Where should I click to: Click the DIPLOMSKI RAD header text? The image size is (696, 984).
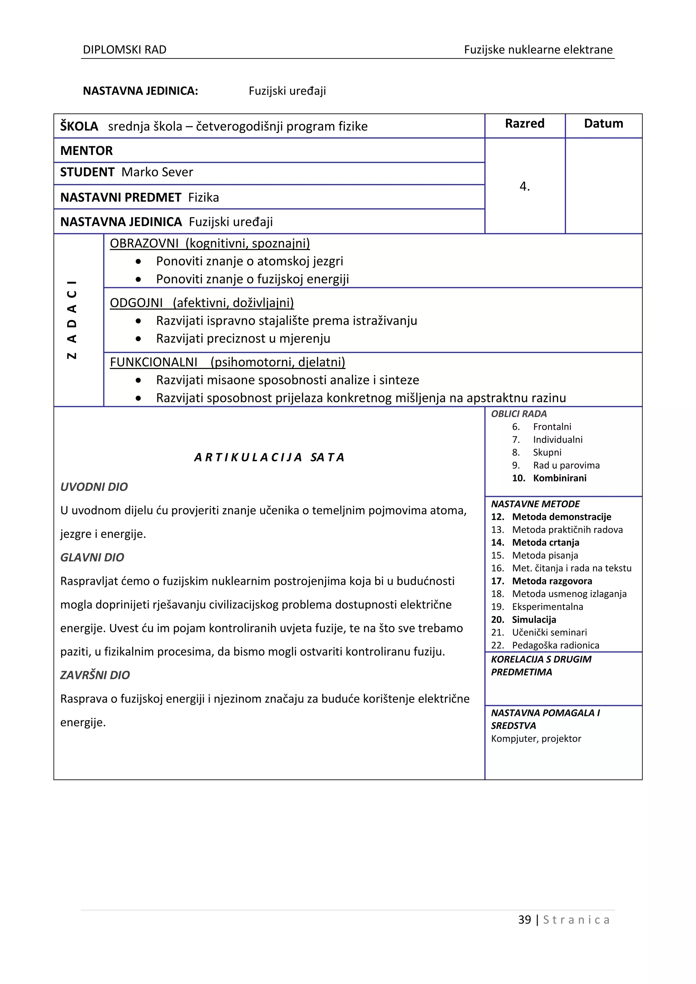[x=124, y=50]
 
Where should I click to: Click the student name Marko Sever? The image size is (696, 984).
[x=157, y=172]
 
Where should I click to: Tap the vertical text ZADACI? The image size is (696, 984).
[x=72, y=319]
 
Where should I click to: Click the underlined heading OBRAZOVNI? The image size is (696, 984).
[x=144, y=243]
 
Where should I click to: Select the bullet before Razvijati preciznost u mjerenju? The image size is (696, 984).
[x=138, y=338]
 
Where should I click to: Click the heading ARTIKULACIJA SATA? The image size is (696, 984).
[x=269, y=457]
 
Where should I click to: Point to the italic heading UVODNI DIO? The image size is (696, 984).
[x=94, y=487]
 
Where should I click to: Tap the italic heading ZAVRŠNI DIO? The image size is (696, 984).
[x=95, y=675]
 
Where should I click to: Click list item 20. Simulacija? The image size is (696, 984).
[x=523, y=620]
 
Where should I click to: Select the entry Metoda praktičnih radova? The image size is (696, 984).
[x=567, y=530]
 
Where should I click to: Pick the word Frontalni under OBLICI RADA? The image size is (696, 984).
[x=552, y=427]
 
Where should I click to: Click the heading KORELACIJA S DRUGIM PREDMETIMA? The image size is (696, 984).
[x=541, y=666]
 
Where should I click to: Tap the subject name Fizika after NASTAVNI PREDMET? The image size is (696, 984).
[x=204, y=197]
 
